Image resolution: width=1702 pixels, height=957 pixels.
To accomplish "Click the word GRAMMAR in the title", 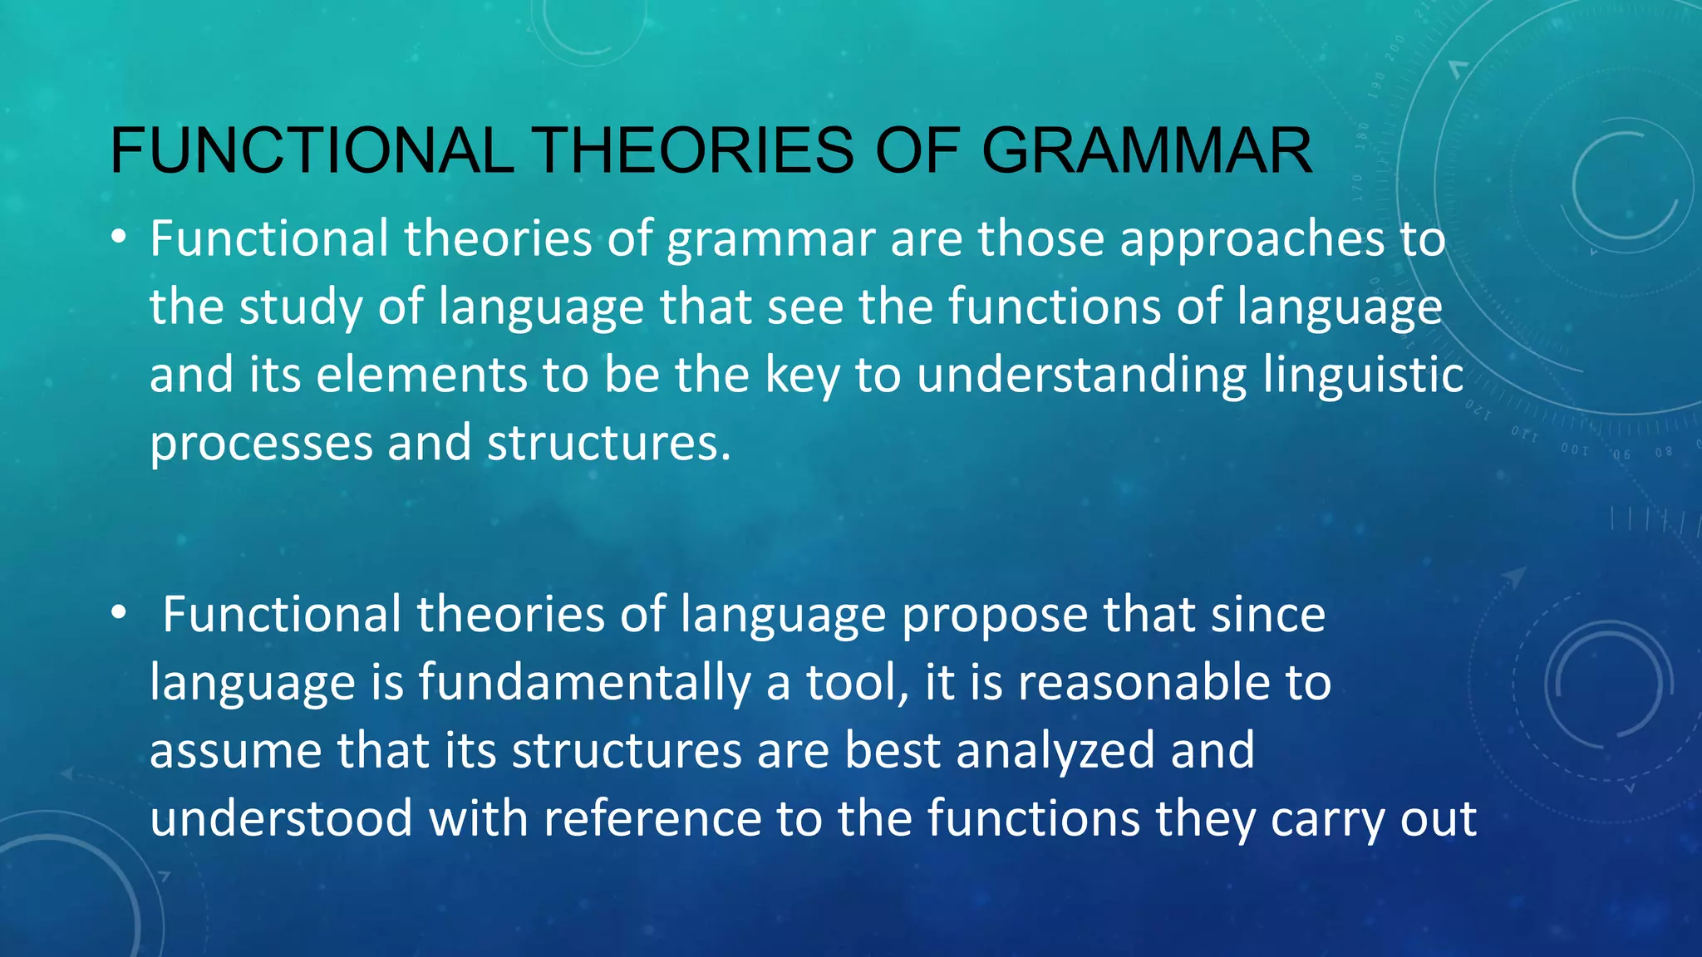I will click(x=1147, y=150).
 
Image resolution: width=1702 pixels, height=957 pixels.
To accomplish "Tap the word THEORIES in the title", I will click(x=694, y=150).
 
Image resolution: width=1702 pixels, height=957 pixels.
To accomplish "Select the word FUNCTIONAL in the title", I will click(x=312, y=150).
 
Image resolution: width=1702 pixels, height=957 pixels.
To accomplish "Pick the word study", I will click(x=301, y=307).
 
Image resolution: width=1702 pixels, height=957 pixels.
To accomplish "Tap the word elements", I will click(x=421, y=375).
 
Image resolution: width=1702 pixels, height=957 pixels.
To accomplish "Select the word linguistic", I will click(x=1363, y=376).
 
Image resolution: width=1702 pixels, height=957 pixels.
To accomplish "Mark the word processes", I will click(x=261, y=444).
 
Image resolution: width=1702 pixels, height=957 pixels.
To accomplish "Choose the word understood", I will click(x=281, y=819).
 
